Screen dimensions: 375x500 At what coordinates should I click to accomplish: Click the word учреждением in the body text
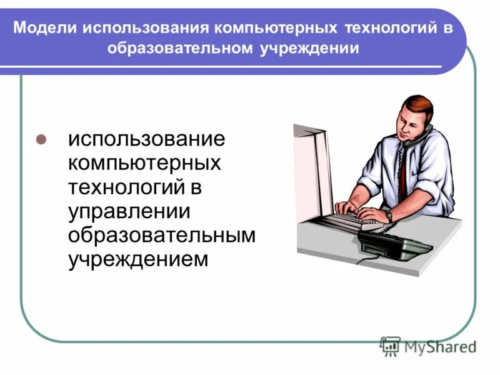tap(137, 257)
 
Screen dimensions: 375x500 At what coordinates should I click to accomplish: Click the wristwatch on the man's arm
tap(389, 215)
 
